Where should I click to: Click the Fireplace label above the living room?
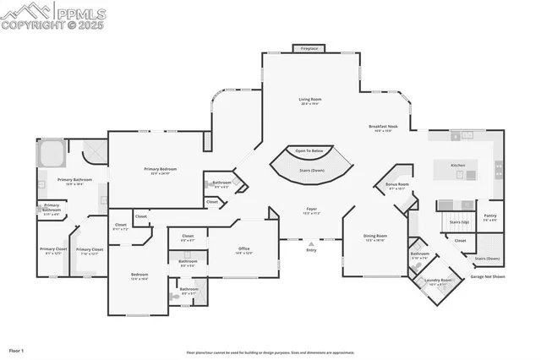click(310, 49)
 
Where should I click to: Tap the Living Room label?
click(310, 100)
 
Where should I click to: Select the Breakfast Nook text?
click(383, 127)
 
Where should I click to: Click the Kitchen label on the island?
click(457, 165)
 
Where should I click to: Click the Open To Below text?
click(309, 150)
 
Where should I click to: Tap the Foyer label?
click(311, 208)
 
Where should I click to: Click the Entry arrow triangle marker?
click(311, 241)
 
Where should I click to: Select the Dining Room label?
click(375, 236)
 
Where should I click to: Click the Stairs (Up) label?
click(459, 222)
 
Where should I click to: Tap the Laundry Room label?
click(438, 280)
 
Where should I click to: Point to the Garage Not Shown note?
click(488, 276)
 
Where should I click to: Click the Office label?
click(243, 248)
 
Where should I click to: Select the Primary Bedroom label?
click(160, 169)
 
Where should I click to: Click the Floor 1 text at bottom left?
click(17, 349)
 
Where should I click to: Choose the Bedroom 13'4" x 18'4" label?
click(139, 275)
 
